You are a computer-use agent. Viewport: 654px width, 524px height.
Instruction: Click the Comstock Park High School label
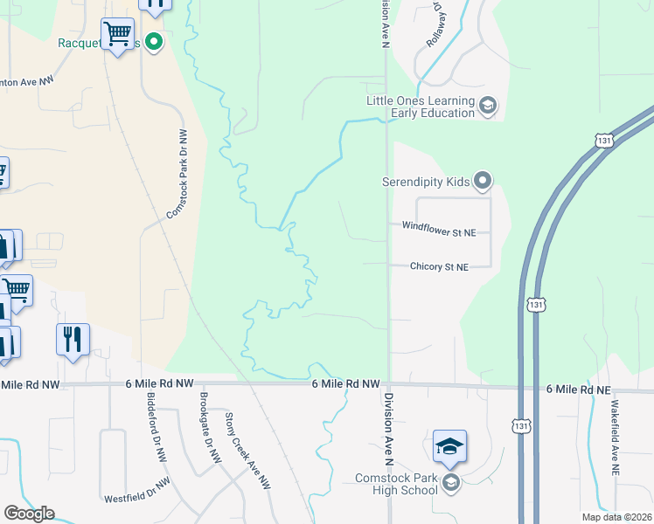click(396, 484)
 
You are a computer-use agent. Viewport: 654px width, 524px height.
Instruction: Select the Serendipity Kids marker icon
click(482, 182)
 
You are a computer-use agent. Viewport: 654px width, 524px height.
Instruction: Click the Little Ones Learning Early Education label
click(421, 106)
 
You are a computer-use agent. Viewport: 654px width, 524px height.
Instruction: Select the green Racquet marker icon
click(154, 41)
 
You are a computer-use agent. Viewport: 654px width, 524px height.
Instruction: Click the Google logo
click(29, 514)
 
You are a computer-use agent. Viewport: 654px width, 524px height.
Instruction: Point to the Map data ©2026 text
click(616, 517)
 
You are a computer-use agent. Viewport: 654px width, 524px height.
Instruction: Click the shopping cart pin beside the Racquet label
click(117, 35)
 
